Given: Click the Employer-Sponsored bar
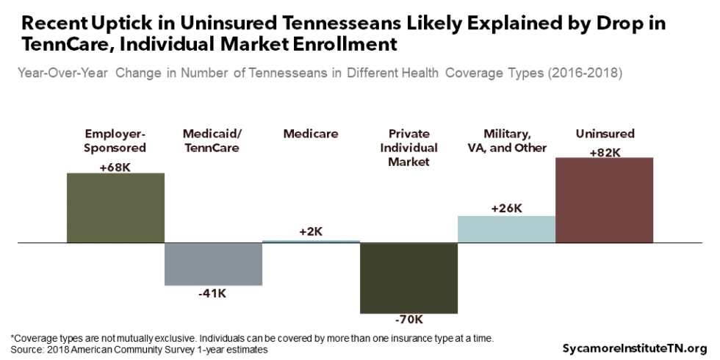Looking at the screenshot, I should (115, 207).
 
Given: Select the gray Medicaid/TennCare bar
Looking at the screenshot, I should (213, 264).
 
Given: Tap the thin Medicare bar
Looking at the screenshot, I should (311, 241).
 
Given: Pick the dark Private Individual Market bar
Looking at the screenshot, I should (408, 278).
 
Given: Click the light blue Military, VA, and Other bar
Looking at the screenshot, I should (506, 229).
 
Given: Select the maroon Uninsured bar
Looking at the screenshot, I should (604, 200).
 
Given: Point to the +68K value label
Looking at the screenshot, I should (115, 167).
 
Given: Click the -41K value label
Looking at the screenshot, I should (213, 294).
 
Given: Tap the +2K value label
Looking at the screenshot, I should (311, 231).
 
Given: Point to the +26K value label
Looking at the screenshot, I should (506, 208).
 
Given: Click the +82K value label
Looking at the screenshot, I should (605, 152).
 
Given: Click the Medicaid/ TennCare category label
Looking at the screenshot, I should (213, 140).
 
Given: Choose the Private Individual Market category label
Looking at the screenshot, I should (408, 148).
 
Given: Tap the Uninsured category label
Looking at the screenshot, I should (605, 134).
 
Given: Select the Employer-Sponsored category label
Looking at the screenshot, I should (115, 140).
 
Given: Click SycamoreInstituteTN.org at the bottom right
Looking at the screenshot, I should (635, 348).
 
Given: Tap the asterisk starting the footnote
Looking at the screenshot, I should (12, 338).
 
